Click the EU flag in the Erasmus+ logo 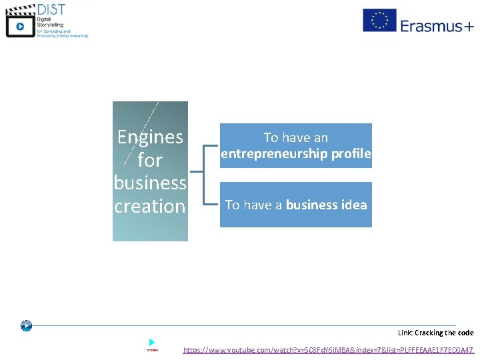click(379, 20)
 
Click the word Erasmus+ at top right click(437, 26)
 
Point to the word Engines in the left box click(150, 137)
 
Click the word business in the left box click(150, 183)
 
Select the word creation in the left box click(150, 206)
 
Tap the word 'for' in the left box click(150, 160)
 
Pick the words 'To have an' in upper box click(296, 138)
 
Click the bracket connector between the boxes click(204, 175)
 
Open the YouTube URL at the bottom click(328, 349)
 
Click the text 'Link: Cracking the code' click(435, 333)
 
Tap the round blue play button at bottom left click(26, 326)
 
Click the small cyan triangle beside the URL click(152, 342)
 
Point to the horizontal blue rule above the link click(240, 325)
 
